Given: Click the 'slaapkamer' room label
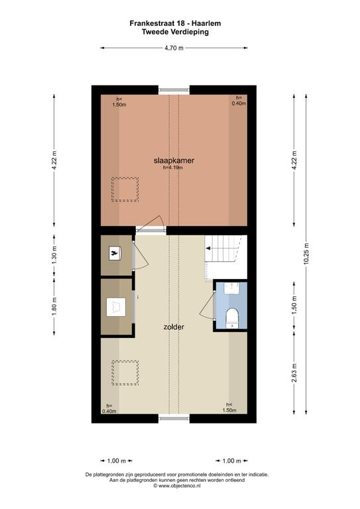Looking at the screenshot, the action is [x=174, y=160].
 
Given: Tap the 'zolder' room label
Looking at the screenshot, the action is [x=174, y=327].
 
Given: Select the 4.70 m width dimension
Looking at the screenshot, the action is [x=174, y=48].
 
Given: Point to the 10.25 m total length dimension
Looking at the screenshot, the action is [x=306, y=254].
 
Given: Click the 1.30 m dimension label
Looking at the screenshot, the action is [x=54, y=254].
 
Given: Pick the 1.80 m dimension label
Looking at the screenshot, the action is [x=54, y=307].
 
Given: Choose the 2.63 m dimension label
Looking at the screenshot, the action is [x=294, y=372].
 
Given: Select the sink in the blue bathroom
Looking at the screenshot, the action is [x=232, y=288].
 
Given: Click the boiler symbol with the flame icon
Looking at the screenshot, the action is [x=115, y=253].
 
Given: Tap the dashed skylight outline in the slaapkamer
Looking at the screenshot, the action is [x=125, y=190].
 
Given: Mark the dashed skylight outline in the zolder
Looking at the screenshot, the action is [x=125, y=373].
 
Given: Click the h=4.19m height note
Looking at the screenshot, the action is [x=172, y=168].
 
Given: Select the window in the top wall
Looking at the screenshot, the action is [x=174, y=90].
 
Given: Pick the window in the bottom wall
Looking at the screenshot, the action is [x=174, y=418].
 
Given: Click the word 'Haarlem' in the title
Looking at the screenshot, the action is [x=206, y=23].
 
